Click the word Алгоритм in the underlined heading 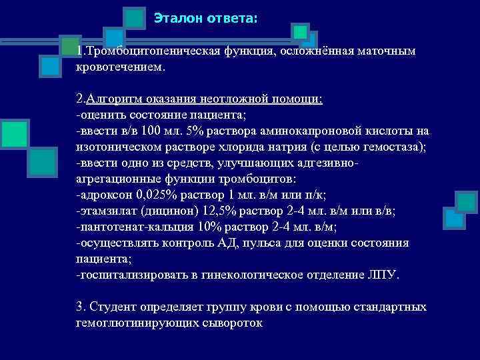tap(110, 99)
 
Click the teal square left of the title tap(135, 18)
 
